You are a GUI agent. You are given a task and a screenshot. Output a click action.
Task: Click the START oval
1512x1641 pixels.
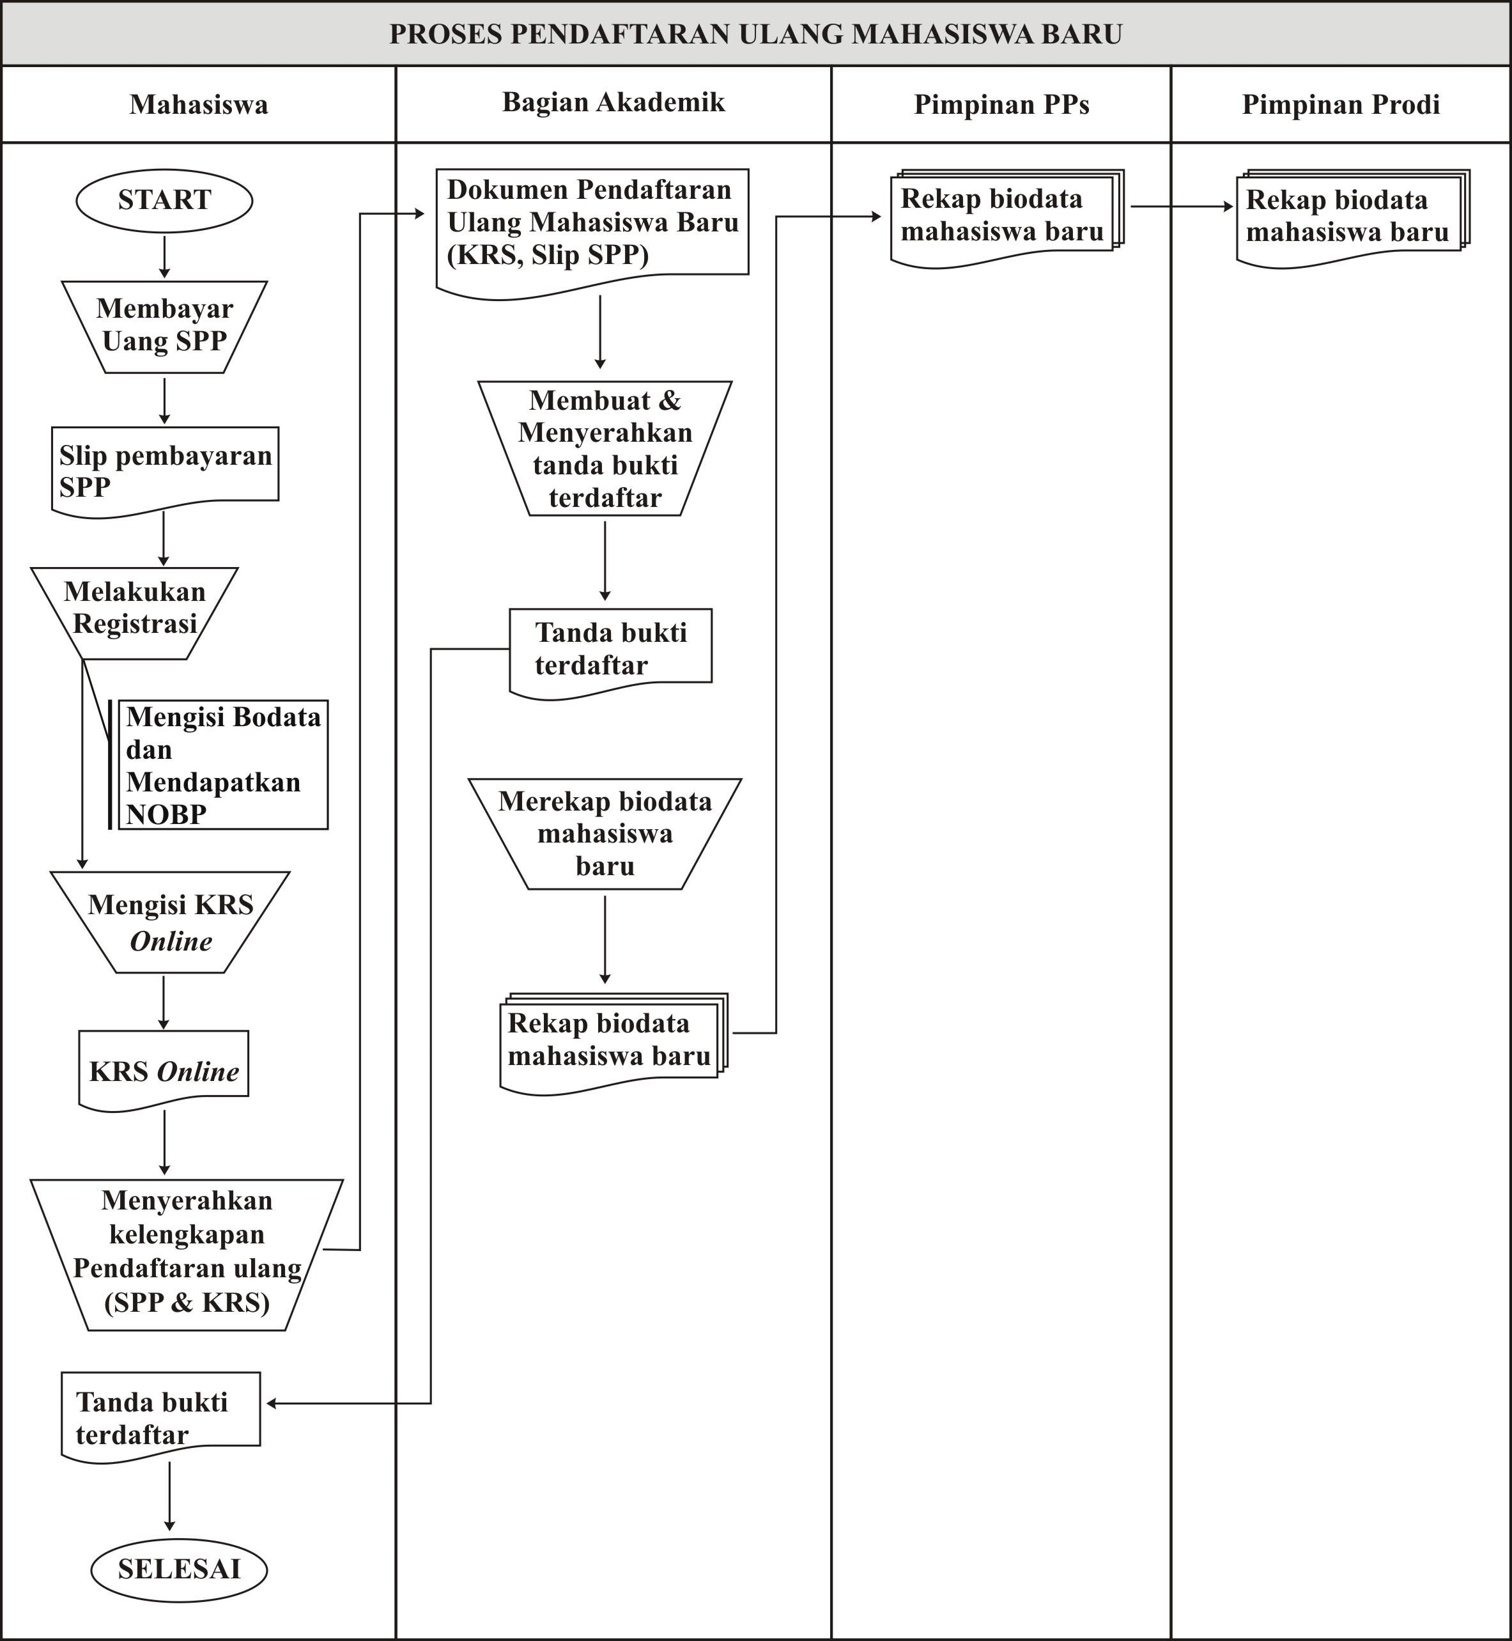click(x=164, y=201)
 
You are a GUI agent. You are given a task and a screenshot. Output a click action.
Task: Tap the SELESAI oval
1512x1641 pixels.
click(x=179, y=1569)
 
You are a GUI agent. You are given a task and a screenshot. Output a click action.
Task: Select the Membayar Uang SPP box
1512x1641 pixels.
click(x=164, y=327)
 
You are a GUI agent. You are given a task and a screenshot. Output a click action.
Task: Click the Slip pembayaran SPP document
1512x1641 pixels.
click(x=164, y=471)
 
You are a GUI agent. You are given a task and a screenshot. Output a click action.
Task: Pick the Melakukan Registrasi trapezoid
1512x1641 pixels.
click(x=134, y=613)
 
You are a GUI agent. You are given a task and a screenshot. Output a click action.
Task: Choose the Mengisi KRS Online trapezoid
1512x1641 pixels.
click(x=170, y=922)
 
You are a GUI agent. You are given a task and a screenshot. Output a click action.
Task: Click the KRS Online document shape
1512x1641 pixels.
click(x=164, y=1069)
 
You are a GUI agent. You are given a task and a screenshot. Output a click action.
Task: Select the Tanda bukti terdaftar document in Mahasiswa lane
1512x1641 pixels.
click(x=161, y=1417)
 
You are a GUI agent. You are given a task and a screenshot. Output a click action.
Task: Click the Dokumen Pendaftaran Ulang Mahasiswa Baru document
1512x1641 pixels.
click(x=592, y=233)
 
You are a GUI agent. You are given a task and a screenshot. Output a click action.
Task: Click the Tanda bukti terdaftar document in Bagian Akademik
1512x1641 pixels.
click(x=610, y=652)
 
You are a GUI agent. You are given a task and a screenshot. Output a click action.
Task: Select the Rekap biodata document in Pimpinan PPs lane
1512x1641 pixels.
click(x=1007, y=218)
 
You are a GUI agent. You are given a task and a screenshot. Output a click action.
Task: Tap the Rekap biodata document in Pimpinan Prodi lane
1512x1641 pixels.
click(x=1352, y=218)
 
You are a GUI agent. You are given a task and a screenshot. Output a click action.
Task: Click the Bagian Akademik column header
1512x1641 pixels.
click(x=613, y=102)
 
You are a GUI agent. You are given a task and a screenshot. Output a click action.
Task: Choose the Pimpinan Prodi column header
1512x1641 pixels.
click(x=1341, y=105)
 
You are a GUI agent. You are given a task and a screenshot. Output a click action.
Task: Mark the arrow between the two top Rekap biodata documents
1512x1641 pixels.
click(x=1182, y=206)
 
